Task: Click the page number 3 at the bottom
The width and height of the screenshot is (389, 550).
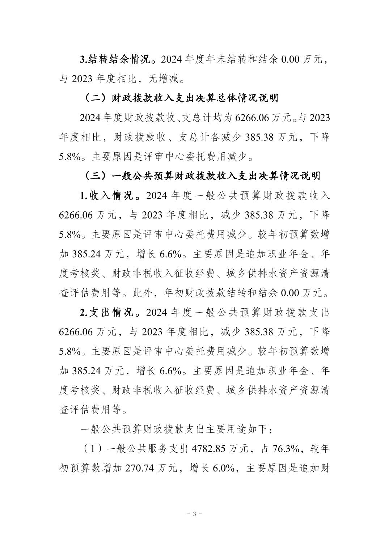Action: [x=194, y=514]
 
